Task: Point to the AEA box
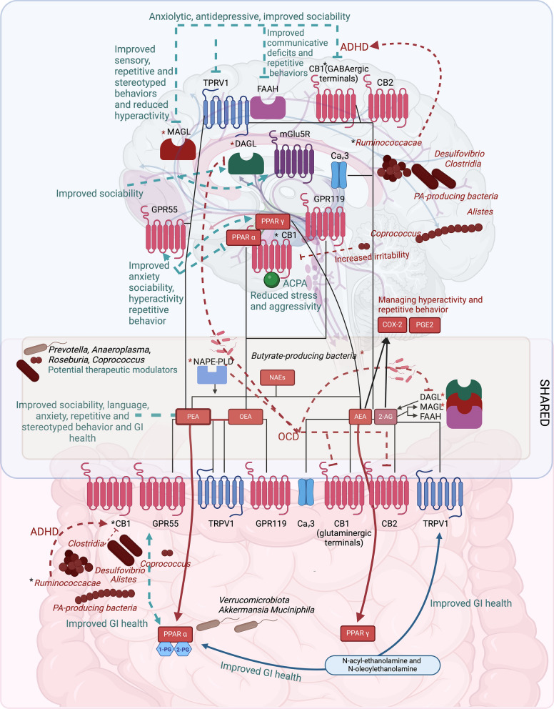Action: tap(358, 415)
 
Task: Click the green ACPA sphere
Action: tap(271, 279)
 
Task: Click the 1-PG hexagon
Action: tap(167, 649)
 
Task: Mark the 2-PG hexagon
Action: tap(184, 649)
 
